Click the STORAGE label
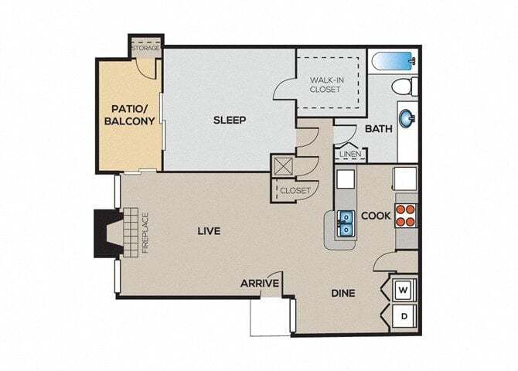click(145, 48)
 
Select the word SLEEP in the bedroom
click(230, 120)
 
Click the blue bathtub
click(391, 60)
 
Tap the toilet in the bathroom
click(408, 85)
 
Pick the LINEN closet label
click(349, 155)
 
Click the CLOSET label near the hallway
click(295, 190)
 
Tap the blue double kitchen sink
click(345, 224)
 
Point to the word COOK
click(376, 216)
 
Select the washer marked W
click(404, 290)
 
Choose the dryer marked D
click(404, 316)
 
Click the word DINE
click(343, 293)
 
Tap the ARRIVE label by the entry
click(259, 284)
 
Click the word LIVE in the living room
click(209, 230)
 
